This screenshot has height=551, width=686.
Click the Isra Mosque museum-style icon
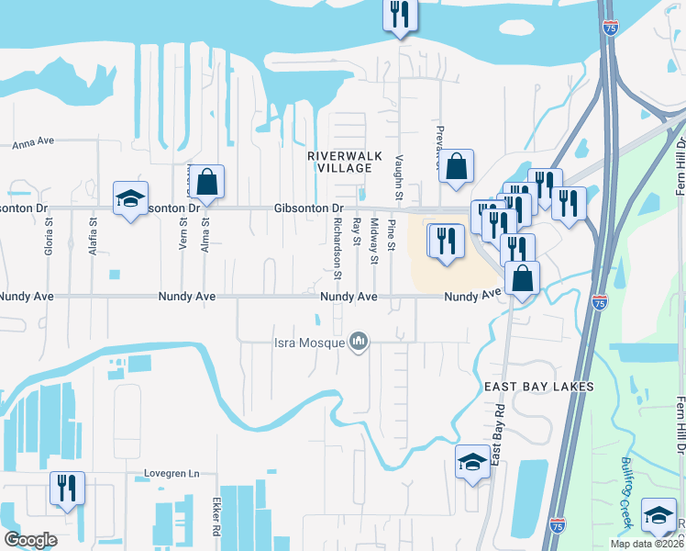[359, 343]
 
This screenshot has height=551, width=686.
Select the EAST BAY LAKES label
[538, 387]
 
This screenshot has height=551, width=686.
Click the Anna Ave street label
[34, 142]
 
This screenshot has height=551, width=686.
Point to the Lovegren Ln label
[171, 474]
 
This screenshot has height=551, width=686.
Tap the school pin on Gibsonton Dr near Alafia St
[130, 197]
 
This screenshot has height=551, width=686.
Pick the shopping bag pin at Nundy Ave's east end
[522, 278]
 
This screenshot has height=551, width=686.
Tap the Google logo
[29, 540]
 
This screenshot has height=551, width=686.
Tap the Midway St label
[374, 241]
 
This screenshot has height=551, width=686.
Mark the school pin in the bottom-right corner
[659, 515]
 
